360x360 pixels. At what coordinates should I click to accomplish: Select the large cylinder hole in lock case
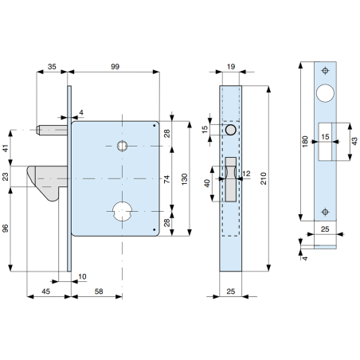pos(122,211)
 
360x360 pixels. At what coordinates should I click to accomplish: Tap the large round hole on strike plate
pos(326,93)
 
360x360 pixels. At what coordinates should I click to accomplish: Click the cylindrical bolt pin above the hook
pos(54,128)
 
